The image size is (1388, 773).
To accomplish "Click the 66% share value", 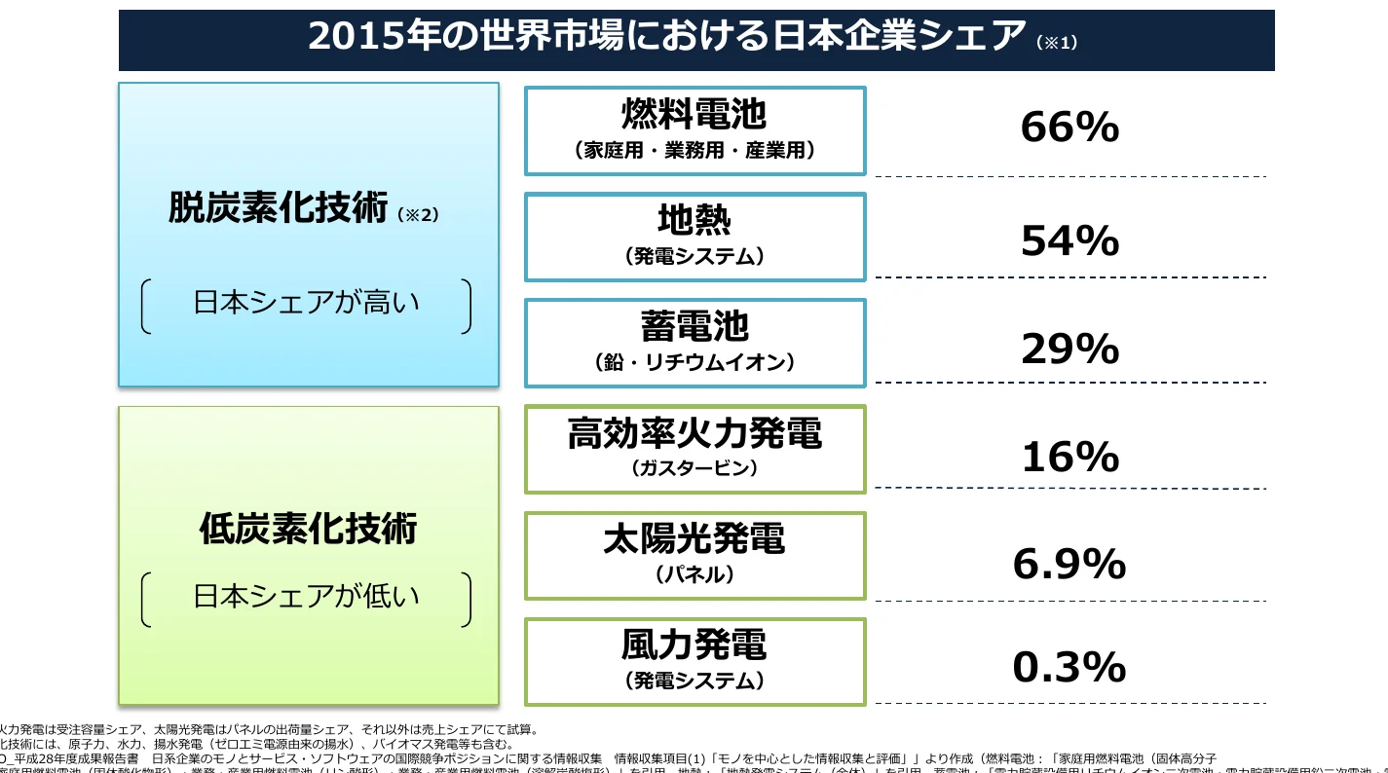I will [x=1069, y=128].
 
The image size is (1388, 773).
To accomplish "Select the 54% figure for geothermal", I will [x=1069, y=241].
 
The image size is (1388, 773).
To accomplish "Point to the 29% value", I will [x=1069, y=349].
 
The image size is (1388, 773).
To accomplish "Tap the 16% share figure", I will [x=1069, y=456].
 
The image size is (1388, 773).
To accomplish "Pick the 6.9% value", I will [x=1069, y=564].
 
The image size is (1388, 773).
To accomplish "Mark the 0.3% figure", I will [x=1069, y=668].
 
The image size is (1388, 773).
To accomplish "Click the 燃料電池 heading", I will [x=694, y=115].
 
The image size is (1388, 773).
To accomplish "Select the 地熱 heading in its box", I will [x=694, y=221].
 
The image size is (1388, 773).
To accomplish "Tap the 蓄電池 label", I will [x=694, y=327].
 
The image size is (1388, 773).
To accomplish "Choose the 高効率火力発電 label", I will [x=694, y=433].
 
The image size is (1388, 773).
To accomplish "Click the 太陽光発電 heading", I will [x=694, y=539].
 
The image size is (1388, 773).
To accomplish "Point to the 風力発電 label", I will [x=694, y=644].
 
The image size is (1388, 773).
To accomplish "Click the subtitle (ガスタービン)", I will [x=694, y=468].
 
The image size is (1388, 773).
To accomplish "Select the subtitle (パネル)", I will [x=694, y=574].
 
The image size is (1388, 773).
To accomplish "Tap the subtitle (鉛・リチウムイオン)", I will [x=694, y=362].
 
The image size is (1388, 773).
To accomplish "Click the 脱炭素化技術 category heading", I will [x=278, y=208].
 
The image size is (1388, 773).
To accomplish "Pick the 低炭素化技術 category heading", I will [x=308, y=529].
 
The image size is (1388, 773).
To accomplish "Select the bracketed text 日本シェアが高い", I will [x=307, y=303].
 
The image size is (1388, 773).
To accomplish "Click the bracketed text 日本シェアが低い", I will [x=307, y=596].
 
